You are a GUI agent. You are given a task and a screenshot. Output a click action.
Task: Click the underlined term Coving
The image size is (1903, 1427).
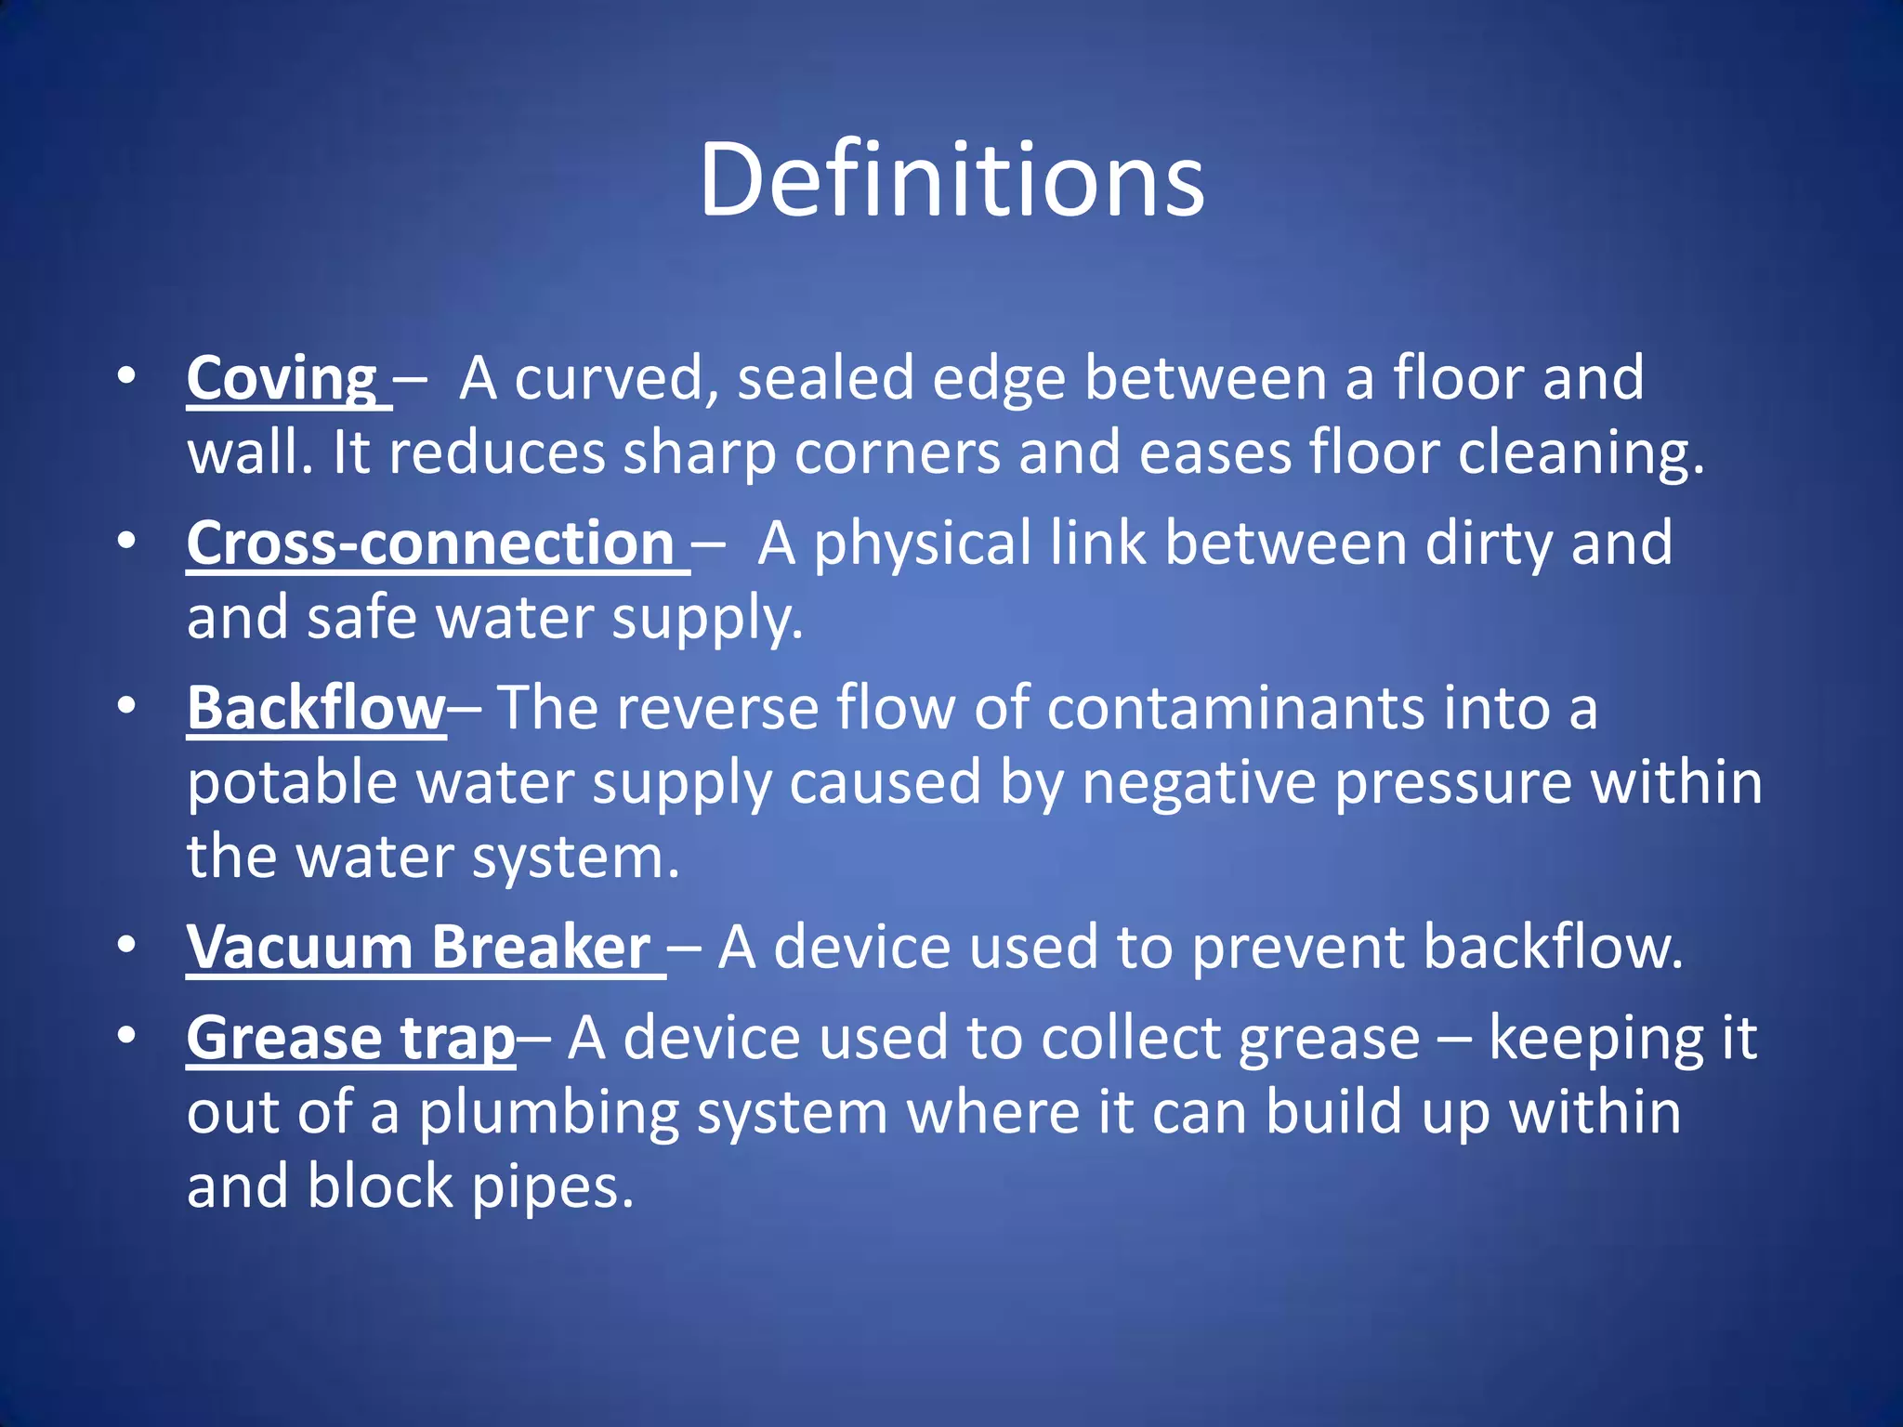coord(282,379)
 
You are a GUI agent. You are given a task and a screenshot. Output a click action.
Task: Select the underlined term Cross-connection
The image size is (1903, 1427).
coord(430,543)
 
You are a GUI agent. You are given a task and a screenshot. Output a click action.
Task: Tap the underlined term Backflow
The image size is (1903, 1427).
coord(316,709)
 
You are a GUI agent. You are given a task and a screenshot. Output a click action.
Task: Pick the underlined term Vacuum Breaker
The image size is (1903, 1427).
coord(419,948)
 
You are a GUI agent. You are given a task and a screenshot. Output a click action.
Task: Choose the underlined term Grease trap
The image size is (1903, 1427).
coord(350,1038)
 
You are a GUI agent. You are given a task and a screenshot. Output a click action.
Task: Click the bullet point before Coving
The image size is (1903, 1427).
coord(126,376)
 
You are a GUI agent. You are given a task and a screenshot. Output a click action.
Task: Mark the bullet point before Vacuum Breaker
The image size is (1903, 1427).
coord(126,945)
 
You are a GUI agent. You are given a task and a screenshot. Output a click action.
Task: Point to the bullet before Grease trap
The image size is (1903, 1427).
coord(126,1035)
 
